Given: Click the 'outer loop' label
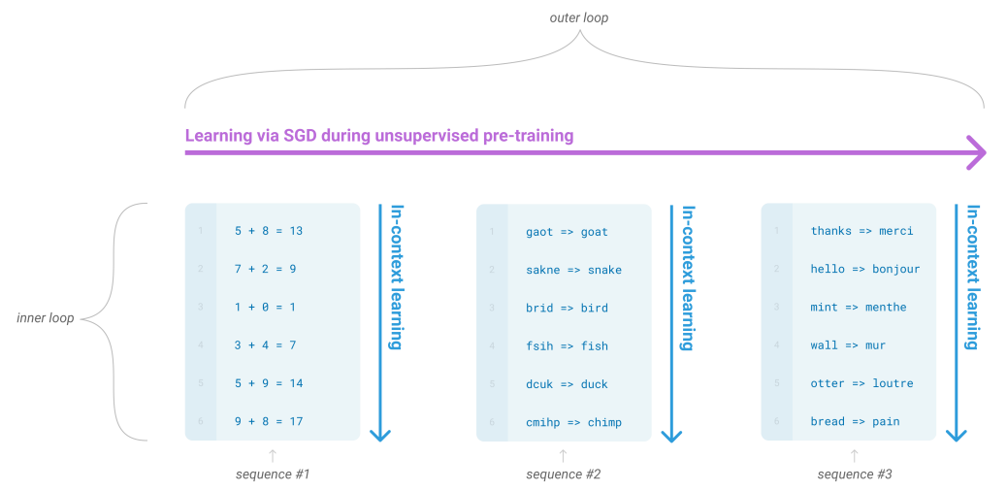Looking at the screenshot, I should click(x=578, y=17).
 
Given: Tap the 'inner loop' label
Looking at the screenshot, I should click(x=46, y=318).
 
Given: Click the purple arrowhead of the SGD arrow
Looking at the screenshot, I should click(x=977, y=152).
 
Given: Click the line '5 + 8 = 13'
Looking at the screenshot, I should click(x=269, y=231).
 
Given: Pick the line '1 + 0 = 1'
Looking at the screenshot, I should click(x=265, y=307).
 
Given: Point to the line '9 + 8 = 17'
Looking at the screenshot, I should click(x=269, y=421).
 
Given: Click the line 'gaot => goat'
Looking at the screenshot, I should click(x=567, y=232).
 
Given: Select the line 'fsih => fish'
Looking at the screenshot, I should click(x=567, y=345).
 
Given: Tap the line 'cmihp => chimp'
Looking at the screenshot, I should click(x=573, y=422).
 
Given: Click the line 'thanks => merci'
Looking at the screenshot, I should click(x=861, y=231).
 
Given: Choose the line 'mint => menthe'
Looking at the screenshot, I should click(x=859, y=307).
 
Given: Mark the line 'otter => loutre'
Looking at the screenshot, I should click(x=861, y=383).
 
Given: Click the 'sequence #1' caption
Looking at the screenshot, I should click(x=272, y=475).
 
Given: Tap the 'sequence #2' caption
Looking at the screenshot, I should click(x=563, y=475).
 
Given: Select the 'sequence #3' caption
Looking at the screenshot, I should click(x=855, y=475).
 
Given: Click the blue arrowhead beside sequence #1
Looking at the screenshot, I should click(x=380, y=434).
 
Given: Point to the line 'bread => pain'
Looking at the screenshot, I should click(x=855, y=421).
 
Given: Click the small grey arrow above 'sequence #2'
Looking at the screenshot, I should click(x=563, y=454).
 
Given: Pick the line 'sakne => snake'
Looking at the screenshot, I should click(x=573, y=270).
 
